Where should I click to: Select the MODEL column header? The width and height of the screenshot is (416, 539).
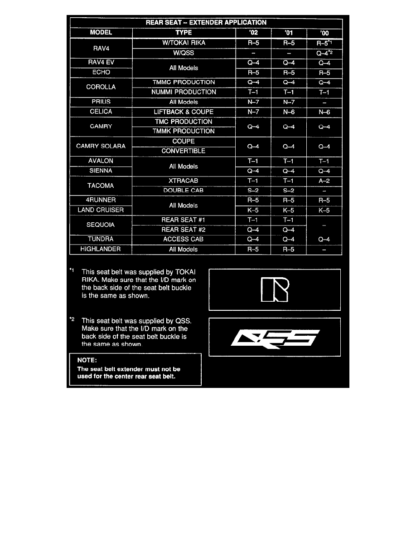101,33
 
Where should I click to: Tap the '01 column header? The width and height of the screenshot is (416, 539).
288,33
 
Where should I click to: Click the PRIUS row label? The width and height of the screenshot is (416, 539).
101,102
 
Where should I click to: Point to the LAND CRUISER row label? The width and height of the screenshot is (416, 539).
101,210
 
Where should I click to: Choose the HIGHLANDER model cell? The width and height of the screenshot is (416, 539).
101,249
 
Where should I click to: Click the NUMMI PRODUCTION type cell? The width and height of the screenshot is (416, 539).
184,92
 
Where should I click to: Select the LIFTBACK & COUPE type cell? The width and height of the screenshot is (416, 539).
184,112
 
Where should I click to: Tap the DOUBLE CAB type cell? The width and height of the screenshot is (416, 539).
184,190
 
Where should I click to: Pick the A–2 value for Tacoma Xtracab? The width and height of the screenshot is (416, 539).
324,181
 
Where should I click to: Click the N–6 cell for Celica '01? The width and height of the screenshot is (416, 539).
288,112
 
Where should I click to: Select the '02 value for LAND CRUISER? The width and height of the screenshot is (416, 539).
253,210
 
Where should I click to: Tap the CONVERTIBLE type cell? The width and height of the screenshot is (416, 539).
184,151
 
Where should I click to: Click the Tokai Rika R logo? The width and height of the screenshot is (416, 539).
274,289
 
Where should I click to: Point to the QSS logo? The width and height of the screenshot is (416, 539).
274,338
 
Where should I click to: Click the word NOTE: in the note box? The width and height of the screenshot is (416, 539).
85,361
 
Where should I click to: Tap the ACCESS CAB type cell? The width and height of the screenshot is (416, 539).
184,239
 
